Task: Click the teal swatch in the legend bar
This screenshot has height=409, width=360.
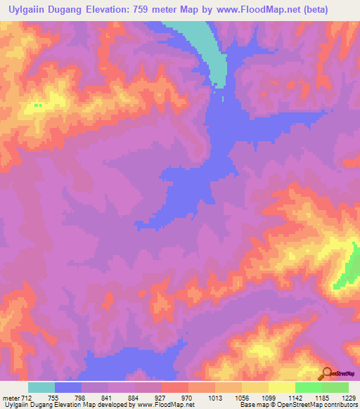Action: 41,387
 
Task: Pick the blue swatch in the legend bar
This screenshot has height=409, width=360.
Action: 68,387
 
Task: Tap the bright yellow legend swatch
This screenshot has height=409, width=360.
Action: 282,387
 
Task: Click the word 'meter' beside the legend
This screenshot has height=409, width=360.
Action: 11,398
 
